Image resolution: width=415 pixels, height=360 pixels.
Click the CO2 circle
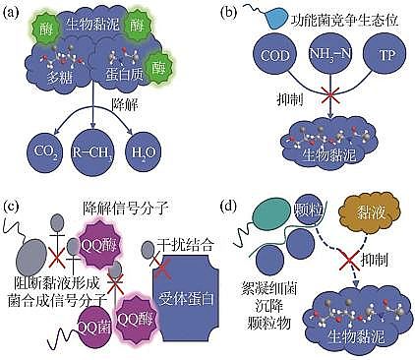[40, 153]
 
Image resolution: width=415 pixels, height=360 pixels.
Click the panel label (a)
[12, 12]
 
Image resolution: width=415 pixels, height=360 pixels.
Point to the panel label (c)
[12, 206]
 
